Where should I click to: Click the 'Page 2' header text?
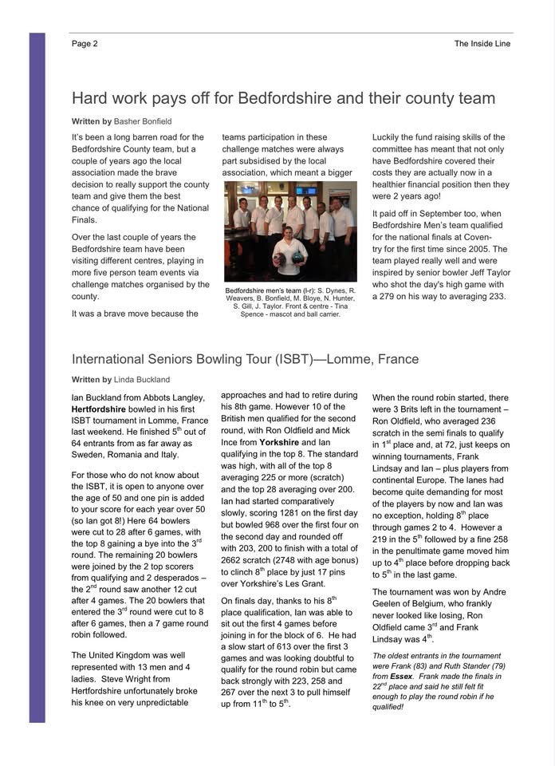85,44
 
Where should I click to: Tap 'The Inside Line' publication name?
482,44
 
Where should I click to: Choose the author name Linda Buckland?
142,380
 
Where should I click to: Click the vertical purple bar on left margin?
37,375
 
